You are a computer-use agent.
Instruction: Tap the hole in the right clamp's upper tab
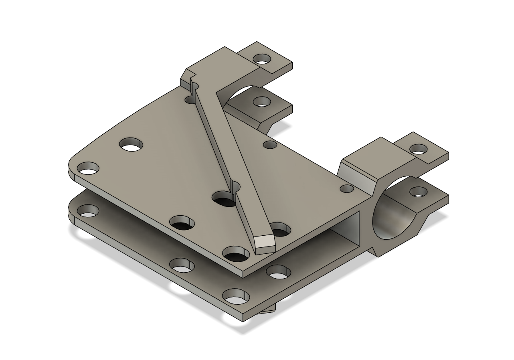pyautogui.click(x=419, y=150)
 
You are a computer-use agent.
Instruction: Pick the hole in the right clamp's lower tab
pyautogui.click(x=418, y=192)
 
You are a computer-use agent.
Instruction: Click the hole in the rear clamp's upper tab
pyautogui.click(x=262, y=59)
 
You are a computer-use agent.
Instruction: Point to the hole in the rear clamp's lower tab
pyautogui.click(x=261, y=102)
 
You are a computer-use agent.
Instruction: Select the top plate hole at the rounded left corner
pyautogui.click(x=88, y=168)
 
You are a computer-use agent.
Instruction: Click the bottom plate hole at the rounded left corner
pyautogui.click(x=88, y=210)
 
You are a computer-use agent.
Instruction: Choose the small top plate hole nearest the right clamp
pyautogui.click(x=347, y=188)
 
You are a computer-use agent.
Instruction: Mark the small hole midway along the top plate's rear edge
pyautogui.click(x=270, y=145)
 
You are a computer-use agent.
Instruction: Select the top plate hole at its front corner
pyautogui.click(x=236, y=254)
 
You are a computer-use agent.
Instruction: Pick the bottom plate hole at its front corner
pyautogui.click(x=236, y=297)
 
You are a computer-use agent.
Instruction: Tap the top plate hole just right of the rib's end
pyautogui.click(x=281, y=229)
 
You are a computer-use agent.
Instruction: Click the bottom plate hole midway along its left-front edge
pyautogui.click(x=182, y=265)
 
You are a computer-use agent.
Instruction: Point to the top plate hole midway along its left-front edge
pyautogui.click(x=182, y=222)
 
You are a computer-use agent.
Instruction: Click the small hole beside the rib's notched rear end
pyautogui.click(x=190, y=99)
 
